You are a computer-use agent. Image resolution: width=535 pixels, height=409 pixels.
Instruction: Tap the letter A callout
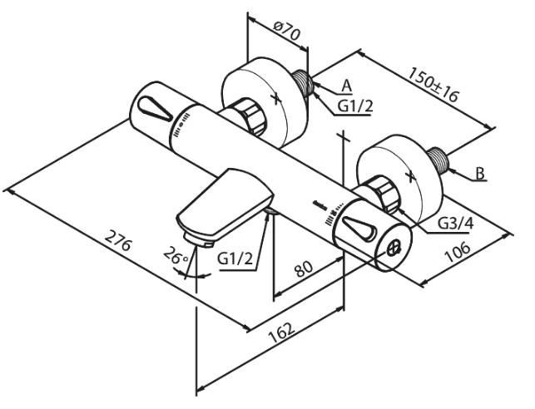[346, 84]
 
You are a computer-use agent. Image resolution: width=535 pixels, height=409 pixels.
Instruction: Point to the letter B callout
[480, 174]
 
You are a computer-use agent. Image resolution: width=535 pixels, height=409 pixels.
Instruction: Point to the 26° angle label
[176, 258]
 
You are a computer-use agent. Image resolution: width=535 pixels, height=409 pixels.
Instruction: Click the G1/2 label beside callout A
[355, 106]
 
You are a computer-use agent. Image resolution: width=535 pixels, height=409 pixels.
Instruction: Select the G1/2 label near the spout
[235, 259]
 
